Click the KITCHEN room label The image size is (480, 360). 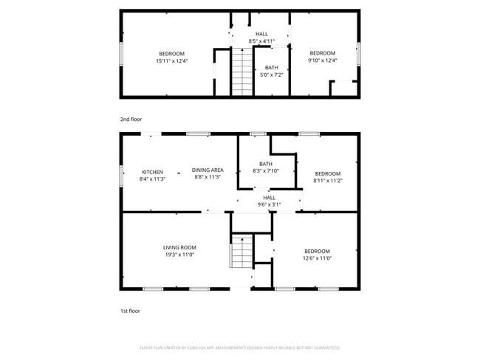point(152,173)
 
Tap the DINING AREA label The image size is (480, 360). point(208,170)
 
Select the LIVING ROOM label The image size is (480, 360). point(179,248)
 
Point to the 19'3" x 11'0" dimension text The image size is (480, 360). point(179,255)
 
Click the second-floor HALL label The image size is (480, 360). point(261,34)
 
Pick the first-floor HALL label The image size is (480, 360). point(269,197)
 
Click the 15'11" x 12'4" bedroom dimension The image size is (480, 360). point(172,61)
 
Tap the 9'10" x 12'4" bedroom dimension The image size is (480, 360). point(322,61)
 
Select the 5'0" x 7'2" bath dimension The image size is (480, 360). point(272,75)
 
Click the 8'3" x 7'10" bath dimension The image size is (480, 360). point(266,171)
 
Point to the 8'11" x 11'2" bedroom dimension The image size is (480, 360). point(328,180)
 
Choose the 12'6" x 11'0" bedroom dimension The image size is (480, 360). point(317,258)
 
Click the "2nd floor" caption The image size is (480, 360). point(131,119)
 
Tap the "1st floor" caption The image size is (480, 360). point(130,311)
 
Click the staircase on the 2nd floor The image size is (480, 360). point(242,72)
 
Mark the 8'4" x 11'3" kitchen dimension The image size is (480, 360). point(152,179)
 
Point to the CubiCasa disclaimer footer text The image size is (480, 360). point(239,347)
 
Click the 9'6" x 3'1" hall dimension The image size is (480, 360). point(269,204)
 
